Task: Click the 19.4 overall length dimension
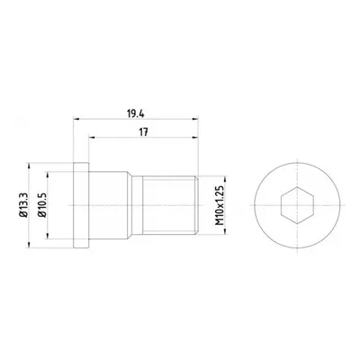(x=136, y=114)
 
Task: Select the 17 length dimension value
(x=144, y=132)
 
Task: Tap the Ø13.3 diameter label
(x=23, y=205)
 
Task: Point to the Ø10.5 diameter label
(x=41, y=205)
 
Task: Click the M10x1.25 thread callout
(x=220, y=205)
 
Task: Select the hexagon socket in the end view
(x=297, y=205)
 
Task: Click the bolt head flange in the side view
(x=81, y=205)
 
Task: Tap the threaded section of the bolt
(x=170, y=205)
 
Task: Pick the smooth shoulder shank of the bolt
(x=108, y=205)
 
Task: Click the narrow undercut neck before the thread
(x=138, y=205)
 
